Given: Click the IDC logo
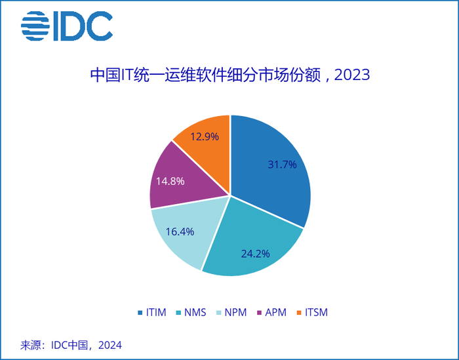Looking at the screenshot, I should click(66, 26).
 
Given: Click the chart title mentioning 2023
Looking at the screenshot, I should click(229, 75).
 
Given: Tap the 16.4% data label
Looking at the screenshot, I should click(179, 231).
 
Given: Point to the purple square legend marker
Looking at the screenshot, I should click(260, 313).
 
